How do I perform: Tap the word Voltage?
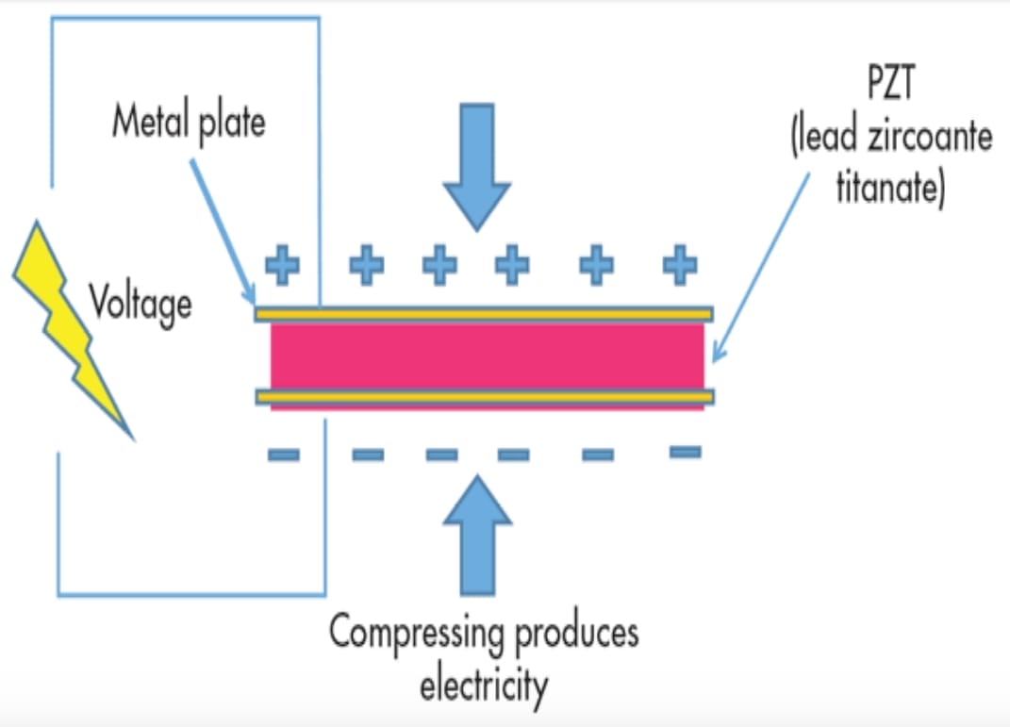[x=141, y=303]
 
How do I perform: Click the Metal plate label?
[x=189, y=123]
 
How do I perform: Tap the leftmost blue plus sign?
[x=282, y=266]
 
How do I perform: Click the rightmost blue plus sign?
[x=679, y=266]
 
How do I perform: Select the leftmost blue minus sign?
[x=283, y=455]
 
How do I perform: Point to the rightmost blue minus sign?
[x=685, y=453]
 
